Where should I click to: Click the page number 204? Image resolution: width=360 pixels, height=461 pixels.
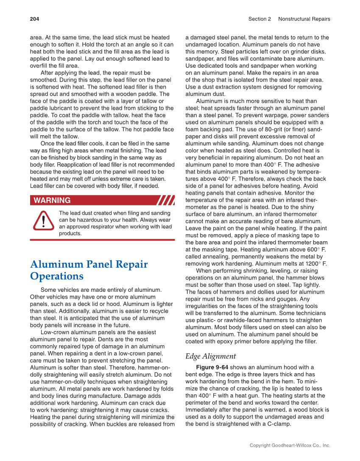[34, 19]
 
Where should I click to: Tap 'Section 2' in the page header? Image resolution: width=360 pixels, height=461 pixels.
[260, 19]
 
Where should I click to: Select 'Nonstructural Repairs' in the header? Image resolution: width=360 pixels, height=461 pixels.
[304, 19]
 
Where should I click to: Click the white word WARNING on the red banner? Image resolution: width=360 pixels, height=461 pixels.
[52, 201]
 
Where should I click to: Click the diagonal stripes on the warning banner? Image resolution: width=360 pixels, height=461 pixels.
[165, 200]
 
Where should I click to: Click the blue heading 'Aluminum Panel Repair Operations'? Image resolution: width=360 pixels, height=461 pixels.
[89, 270]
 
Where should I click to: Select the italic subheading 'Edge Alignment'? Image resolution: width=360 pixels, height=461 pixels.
[210, 356]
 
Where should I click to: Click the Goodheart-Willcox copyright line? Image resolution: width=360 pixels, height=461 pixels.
[290, 445]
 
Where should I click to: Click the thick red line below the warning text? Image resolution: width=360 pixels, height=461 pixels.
[102, 240]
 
